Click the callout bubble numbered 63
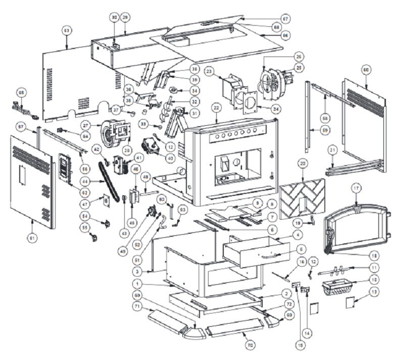click(x=66, y=31)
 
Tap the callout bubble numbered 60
click(x=366, y=69)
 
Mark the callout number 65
click(x=22, y=93)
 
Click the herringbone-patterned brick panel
click(x=302, y=199)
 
